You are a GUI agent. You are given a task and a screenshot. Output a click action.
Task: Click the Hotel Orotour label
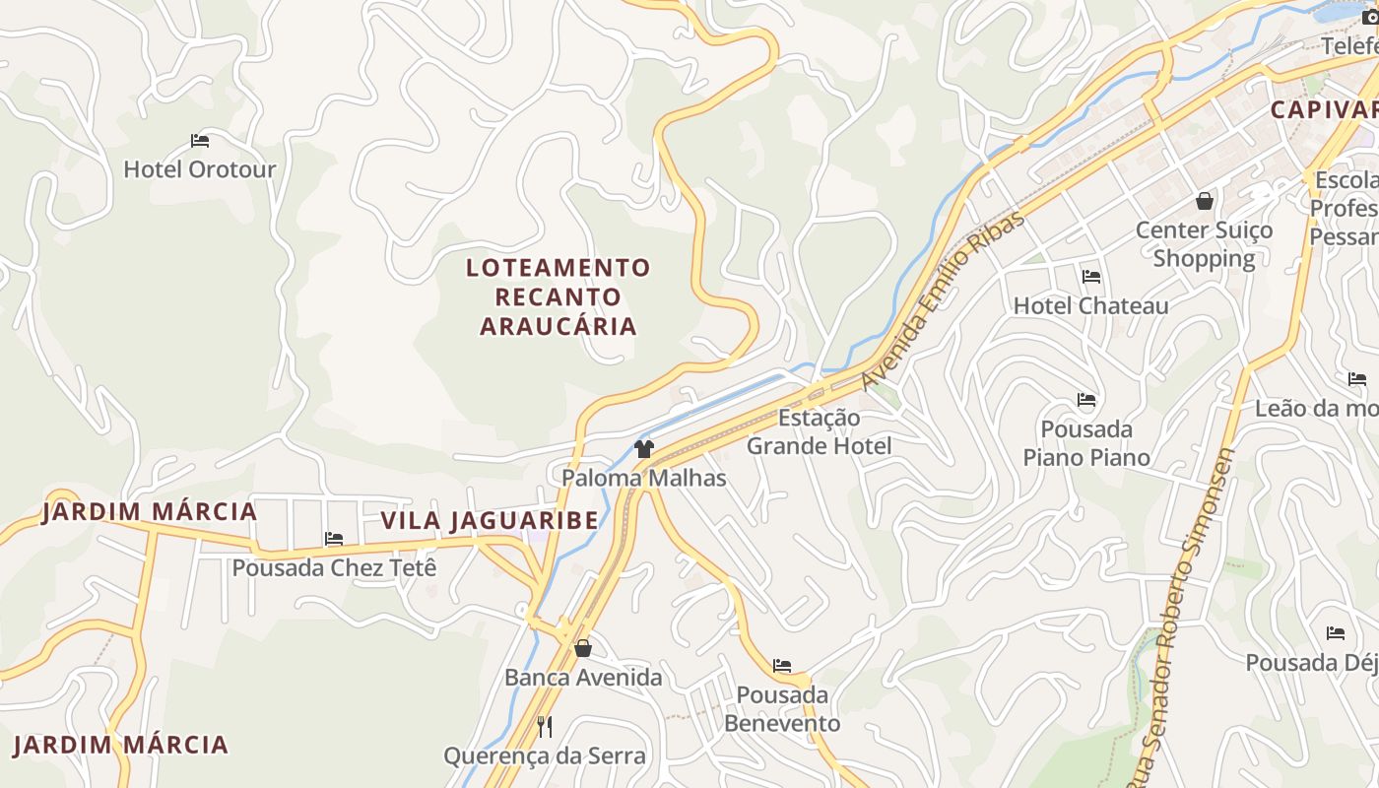pyautogui.click(x=200, y=169)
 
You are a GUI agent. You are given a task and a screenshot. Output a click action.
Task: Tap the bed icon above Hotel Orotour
pyautogui.click(x=200, y=141)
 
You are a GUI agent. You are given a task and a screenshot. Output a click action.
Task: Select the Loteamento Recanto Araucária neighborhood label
pyautogui.click(x=558, y=296)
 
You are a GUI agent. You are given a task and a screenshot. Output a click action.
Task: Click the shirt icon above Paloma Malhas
pyautogui.click(x=644, y=450)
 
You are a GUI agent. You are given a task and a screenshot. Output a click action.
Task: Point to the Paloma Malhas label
pyautogui.click(x=644, y=479)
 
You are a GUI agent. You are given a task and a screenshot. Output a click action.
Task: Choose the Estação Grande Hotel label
pyautogui.click(x=819, y=431)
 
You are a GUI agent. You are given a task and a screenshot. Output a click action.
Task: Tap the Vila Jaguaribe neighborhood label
pyautogui.click(x=490, y=520)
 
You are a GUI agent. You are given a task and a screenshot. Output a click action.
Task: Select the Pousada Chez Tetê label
pyautogui.click(x=334, y=568)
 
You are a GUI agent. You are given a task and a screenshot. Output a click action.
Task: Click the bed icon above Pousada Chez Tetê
pyautogui.click(x=334, y=539)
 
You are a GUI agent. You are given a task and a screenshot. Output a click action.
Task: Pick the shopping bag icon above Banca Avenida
pyautogui.click(x=583, y=648)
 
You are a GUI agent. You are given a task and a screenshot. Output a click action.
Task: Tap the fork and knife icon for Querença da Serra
pyautogui.click(x=545, y=727)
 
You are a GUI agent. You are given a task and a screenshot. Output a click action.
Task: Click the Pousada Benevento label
pyautogui.click(x=782, y=709)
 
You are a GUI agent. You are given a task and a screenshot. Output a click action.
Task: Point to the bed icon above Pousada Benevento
pyautogui.click(x=782, y=666)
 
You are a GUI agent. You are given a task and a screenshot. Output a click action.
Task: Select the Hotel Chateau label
pyautogui.click(x=1091, y=306)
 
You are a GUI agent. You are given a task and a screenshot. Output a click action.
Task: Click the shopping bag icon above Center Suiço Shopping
pyautogui.click(x=1205, y=201)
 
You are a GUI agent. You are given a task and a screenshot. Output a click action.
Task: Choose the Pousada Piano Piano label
pyautogui.click(x=1086, y=443)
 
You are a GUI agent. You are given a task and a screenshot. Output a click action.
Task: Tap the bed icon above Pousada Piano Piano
pyautogui.click(x=1086, y=400)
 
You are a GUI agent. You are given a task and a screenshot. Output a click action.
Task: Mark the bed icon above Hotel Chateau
pyautogui.click(x=1091, y=277)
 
